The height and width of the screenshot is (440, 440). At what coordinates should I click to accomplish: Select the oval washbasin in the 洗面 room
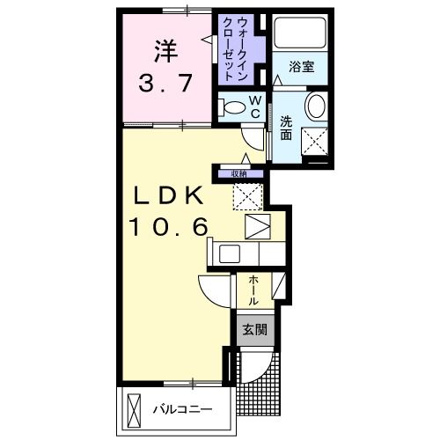315,106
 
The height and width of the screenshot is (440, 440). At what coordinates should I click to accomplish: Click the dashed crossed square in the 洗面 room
315,139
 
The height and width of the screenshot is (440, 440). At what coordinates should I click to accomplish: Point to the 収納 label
240,173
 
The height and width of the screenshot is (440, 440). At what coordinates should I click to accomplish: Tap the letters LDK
169,194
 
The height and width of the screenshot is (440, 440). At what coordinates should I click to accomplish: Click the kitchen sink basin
231,254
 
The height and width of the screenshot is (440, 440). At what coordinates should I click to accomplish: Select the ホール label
253,290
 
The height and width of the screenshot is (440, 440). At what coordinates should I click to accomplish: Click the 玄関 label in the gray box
251,331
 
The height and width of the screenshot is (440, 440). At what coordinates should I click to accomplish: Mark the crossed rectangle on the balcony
135,408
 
